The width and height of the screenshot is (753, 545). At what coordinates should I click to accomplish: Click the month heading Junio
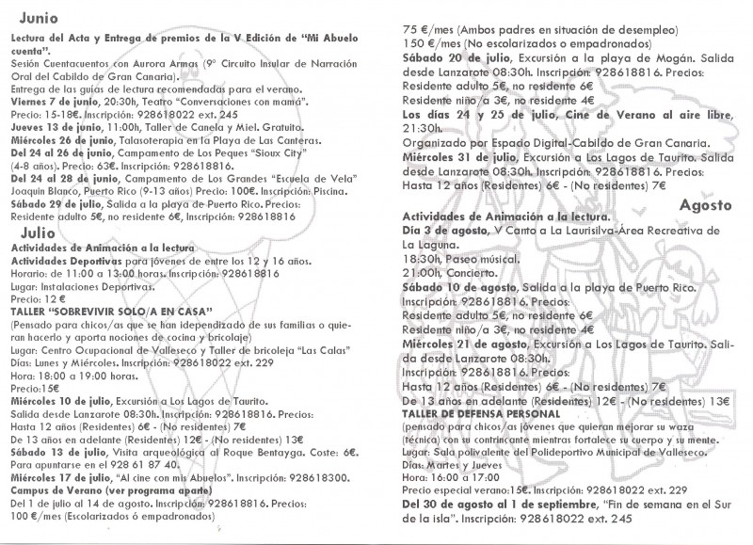(x=31, y=16)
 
